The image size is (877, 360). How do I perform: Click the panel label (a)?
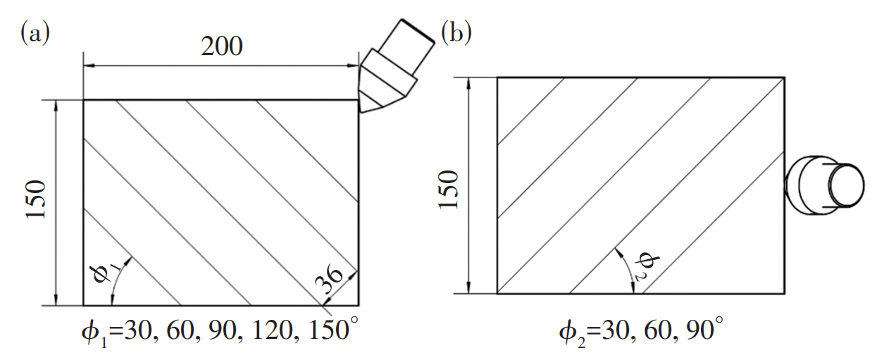tap(35, 33)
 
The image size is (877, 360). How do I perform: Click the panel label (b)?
tap(456, 32)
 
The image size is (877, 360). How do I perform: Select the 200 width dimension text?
tap(222, 46)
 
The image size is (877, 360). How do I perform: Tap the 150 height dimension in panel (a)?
tap(36, 199)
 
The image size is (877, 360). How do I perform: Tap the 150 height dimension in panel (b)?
tap(448, 190)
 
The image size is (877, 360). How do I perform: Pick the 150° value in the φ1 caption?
tap(333, 329)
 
